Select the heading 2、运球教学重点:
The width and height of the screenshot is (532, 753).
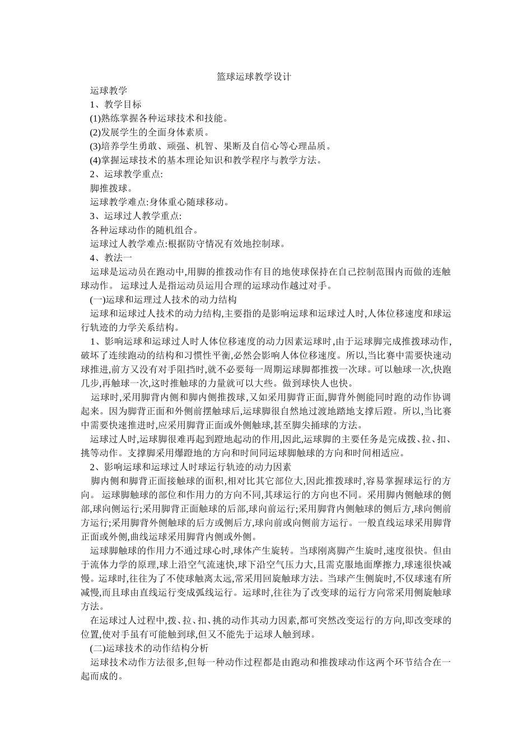[127, 174]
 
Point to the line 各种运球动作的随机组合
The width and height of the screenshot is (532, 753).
[145, 230]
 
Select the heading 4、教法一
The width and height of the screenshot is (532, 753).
[111, 258]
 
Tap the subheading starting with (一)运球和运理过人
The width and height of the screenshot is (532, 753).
[163, 300]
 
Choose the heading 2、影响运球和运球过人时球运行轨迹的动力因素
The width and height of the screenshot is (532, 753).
[190, 467]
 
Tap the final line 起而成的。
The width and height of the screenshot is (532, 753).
[103, 676]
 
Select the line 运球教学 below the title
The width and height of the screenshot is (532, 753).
[109, 90]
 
